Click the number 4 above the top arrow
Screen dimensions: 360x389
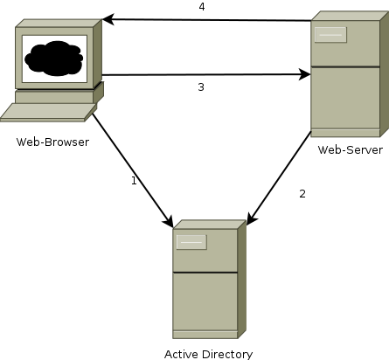click(x=201, y=7)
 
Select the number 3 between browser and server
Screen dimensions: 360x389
click(x=200, y=87)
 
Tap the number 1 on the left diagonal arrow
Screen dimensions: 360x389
click(x=134, y=181)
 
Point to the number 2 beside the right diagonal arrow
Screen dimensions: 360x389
click(x=302, y=193)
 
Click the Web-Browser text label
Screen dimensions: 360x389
click(x=52, y=142)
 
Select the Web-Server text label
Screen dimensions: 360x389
click(x=350, y=150)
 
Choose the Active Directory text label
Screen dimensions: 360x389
click(x=208, y=354)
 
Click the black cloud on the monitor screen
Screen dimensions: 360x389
click(x=54, y=59)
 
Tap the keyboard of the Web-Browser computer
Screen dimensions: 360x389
click(x=48, y=112)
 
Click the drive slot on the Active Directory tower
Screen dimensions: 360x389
click(x=191, y=242)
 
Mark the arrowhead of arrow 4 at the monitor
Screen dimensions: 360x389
click(x=107, y=18)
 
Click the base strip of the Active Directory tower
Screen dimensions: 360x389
click(x=205, y=334)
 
